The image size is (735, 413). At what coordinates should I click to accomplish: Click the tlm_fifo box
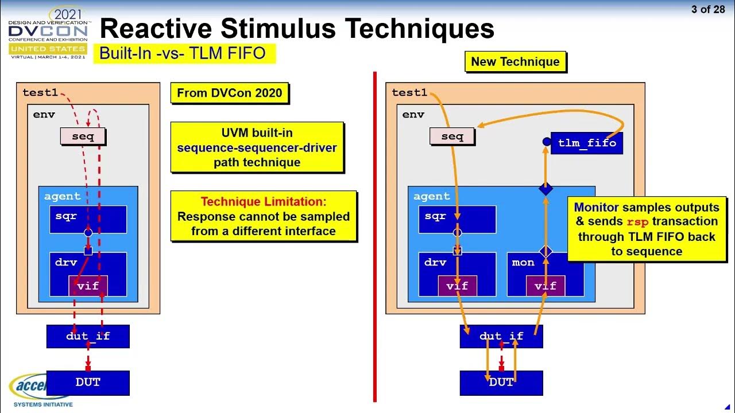tap(586, 143)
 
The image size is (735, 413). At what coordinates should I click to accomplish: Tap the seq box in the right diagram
tap(452, 137)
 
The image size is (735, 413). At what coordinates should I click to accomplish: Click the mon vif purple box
tap(545, 286)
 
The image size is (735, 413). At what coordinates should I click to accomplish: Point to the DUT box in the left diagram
tap(88, 383)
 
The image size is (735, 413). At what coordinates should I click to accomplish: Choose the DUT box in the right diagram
tap(501, 383)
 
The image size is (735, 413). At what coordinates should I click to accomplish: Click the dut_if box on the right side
tap(501, 336)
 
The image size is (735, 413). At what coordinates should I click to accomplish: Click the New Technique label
tap(515, 62)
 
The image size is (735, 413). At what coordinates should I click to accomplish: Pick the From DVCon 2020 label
tap(229, 93)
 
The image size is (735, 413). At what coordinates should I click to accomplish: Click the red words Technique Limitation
tap(263, 202)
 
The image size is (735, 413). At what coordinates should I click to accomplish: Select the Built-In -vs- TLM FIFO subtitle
tap(183, 53)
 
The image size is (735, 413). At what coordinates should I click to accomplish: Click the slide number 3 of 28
tap(708, 10)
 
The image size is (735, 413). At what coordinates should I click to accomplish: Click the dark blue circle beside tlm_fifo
tap(547, 142)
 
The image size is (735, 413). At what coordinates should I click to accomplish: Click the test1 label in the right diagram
tap(409, 92)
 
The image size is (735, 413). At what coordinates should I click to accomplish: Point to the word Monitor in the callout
tap(596, 207)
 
